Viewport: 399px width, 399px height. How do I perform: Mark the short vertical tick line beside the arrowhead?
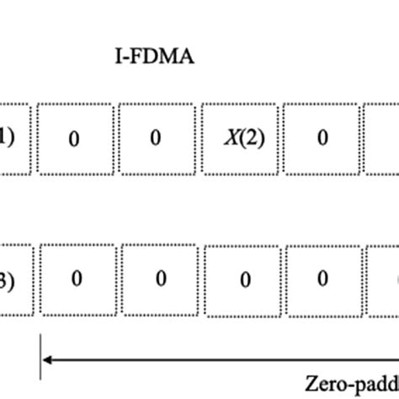click(40, 360)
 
